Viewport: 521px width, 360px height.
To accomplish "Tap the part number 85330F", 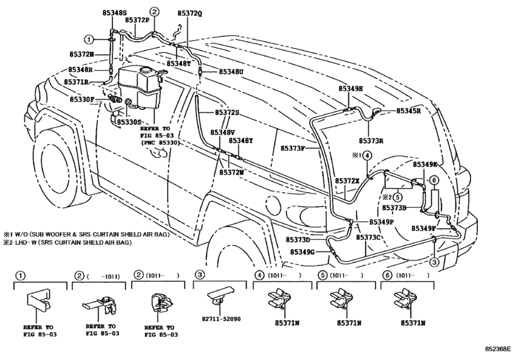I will (x=83, y=100).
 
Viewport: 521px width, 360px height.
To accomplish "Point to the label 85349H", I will (x=351, y=88).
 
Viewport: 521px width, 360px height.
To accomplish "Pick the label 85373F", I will (x=294, y=148).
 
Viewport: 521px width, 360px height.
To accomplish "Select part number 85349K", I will (x=425, y=165).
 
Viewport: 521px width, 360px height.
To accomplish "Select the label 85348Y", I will (x=241, y=140).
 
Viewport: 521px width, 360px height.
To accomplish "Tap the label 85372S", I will (x=226, y=113).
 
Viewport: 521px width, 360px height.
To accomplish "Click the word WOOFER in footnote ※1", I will (x=63, y=235).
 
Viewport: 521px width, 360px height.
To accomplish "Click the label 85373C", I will (x=370, y=237).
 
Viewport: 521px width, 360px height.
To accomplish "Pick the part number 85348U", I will (x=231, y=72).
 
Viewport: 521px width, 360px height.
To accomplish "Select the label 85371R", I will (x=75, y=82).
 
